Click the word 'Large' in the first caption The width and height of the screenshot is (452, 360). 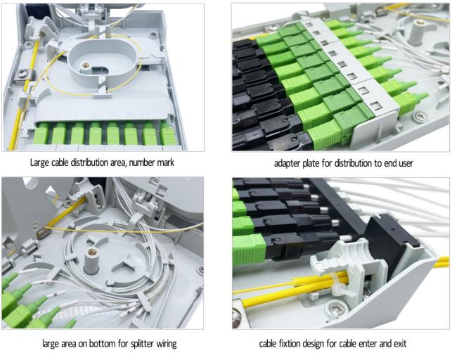[40, 163]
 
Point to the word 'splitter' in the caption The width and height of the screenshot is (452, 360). [142, 344]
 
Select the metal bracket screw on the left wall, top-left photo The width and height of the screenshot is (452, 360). [22, 74]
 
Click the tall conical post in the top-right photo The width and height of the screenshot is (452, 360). [416, 32]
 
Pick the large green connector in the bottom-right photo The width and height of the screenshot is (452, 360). [249, 248]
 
